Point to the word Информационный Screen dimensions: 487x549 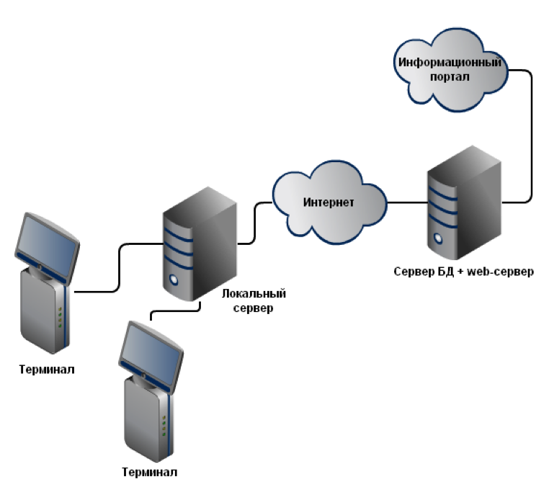point(450,62)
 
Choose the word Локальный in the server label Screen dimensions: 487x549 point(254,294)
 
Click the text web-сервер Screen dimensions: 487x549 point(504,272)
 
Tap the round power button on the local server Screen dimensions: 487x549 point(173,280)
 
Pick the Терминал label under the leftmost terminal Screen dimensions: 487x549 point(47,370)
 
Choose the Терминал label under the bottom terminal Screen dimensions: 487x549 point(149,473)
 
